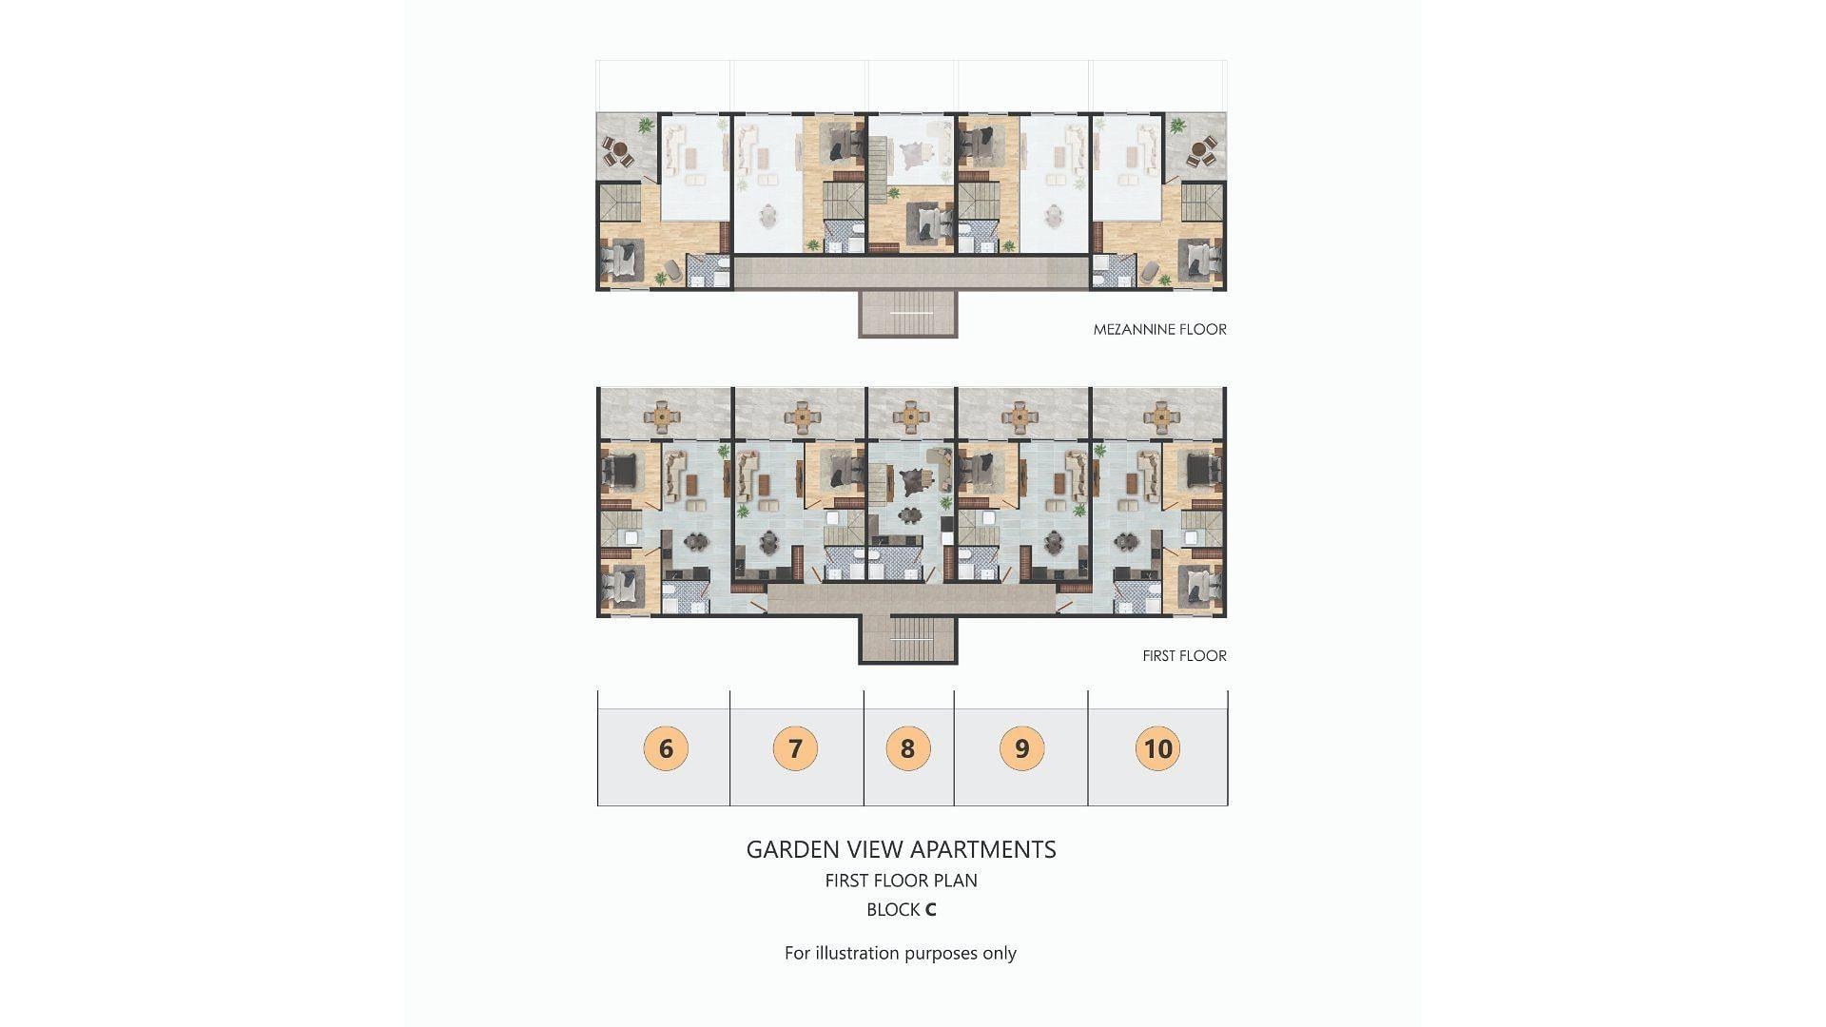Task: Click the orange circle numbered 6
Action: click(666, 748)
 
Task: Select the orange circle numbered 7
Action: click(796, 748)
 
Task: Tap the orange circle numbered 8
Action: click(908, 748)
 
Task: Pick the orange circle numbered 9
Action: click(1021, 748)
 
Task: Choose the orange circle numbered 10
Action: click(1157, 748)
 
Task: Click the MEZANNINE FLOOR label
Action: click(1160, 330)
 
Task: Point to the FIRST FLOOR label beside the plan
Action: click(1184, 656)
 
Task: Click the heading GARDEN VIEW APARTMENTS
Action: click(901, 849)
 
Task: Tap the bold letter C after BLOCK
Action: click(930, 910)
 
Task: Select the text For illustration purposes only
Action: click(901, 954)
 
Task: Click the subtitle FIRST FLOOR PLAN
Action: click(901, 881)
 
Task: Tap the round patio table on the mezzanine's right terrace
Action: click(1204, 149)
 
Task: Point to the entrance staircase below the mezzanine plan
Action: click(908, 314)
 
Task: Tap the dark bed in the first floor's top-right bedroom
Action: click(1205, 469)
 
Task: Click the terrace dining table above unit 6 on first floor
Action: click(662, 416)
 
